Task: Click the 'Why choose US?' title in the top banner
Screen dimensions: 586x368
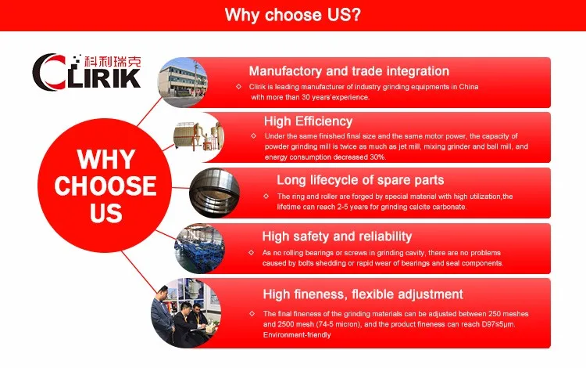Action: (x=293, y=15)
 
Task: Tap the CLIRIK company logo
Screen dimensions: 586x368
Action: (x=87, y=71)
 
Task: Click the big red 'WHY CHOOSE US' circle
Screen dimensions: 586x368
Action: (x=105, y=186)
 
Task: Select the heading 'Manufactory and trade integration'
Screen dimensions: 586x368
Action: (x=349, y=71)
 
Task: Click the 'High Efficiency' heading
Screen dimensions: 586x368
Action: (x=309, y=121)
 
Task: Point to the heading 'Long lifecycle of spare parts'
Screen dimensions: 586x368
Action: (x=360, y=180)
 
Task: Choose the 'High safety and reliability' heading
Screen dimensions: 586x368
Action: (x=337, y=236)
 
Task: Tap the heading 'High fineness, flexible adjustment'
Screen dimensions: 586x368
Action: (x=363, y=294)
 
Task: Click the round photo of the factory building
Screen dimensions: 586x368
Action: (x=183, y=82)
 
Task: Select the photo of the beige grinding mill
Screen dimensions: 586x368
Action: (x=198, y=137)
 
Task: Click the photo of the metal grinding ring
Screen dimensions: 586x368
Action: (x=215, y=193)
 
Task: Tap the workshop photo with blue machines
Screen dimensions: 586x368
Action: (x=200, y=248)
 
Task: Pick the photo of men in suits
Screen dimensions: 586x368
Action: (x=186, y=313)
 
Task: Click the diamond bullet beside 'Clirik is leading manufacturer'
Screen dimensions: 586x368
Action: (x=239, y=87)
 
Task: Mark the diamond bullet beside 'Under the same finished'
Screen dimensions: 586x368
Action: (x=254, y=136)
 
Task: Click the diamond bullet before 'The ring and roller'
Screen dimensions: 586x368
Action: (x=266, y=197)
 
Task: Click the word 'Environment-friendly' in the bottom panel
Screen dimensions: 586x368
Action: (x=297, y=334)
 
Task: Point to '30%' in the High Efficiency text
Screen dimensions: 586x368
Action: (x=378, y=157)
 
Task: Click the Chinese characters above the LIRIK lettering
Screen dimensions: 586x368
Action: (x=113, y=61)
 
